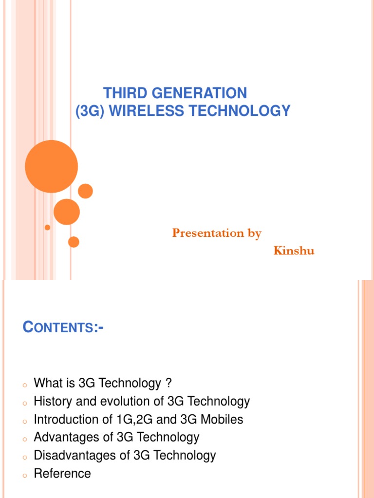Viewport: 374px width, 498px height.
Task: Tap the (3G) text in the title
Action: [x=90, y=111]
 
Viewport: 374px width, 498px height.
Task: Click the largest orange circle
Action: [x=51, y=166]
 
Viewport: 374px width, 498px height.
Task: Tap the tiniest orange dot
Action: [x=47, y=227]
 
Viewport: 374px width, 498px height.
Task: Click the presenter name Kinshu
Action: [x=294, y=251]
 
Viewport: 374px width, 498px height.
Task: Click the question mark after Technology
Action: [x=168, y=384]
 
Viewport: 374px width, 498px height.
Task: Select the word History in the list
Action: [x=53, y=402]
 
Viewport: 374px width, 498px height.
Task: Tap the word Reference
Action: [x=62, y=473]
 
